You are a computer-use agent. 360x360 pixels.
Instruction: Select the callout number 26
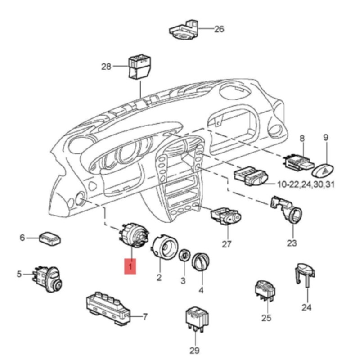219,29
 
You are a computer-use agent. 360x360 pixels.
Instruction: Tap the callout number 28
106,67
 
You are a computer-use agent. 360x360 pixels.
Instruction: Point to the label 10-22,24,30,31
306,184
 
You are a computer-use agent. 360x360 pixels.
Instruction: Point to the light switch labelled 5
49,277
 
